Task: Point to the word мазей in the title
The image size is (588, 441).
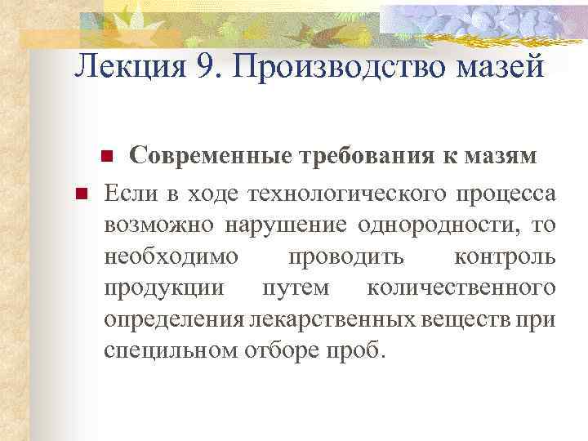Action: pyautogui.click(x=500, y=66)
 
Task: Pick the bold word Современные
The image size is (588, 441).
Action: pyautogui.click(x=216, y=156)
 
